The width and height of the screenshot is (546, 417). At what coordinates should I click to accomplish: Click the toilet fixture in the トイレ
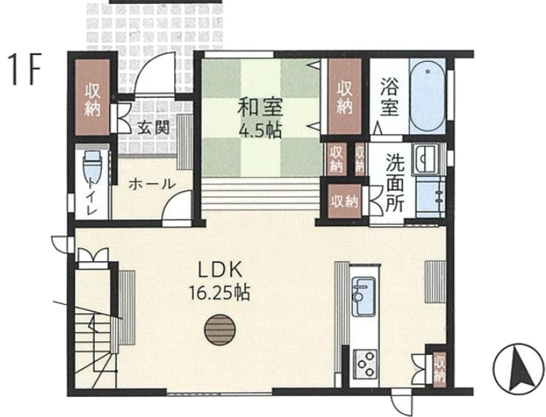click(x=93, y=169)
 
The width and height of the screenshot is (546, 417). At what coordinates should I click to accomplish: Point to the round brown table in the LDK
click(x=220, y=330)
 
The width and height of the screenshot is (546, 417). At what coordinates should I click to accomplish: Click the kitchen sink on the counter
click(x=364, y=299)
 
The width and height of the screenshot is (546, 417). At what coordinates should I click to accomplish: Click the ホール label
click(x=151, y=184)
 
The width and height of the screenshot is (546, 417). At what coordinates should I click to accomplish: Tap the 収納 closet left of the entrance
click(x=92, y=97)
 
